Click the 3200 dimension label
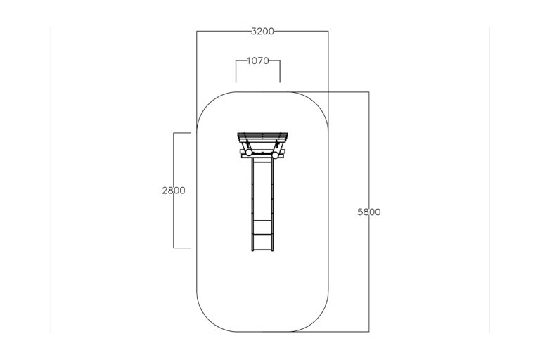click(x=262, y=32)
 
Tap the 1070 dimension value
click(x=258, y=61)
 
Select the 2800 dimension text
click(x=174, y=191)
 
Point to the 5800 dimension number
click(x=369, y=212)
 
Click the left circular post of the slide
click(x=249, y=153)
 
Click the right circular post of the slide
click(x=275, y=155)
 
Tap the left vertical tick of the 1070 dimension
click(x=236, y=72)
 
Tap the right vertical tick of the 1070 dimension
click(x=280, y=72)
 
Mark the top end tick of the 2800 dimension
click(x=182, y=133)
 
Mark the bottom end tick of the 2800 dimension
click(x=182, y=247)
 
